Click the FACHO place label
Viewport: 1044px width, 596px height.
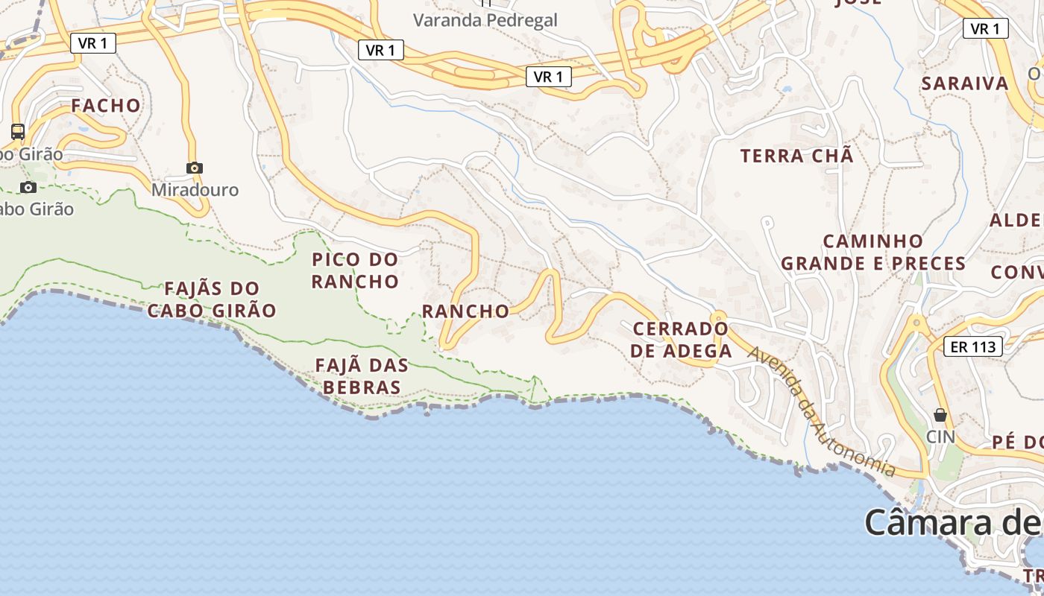(106, 106)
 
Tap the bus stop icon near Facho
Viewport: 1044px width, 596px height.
(18, 132)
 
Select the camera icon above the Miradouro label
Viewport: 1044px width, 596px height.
(195, 168)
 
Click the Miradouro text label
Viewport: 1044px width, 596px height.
(195, 190)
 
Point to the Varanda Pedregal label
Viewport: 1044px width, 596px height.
(485, 20)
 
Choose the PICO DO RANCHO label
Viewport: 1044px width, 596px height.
(355, 270)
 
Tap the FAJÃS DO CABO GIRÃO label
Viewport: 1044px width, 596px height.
(212, 299)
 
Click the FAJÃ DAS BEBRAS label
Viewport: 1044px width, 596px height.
(362, 376)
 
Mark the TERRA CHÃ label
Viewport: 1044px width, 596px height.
(796, 156)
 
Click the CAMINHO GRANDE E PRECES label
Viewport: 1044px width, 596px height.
(873, 253)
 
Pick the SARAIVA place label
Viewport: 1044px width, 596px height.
(965, 83)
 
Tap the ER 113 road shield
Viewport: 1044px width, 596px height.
(973, 346)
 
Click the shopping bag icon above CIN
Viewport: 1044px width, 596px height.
(940, 415)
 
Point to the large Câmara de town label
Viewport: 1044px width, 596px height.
(954, 522)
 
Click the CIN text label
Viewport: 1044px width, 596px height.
(940, 437)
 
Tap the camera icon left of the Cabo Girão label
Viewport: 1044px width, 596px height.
(28, 187)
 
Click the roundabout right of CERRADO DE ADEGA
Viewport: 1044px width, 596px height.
(718, 317)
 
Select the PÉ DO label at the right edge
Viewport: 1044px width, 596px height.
(1017, 442)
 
